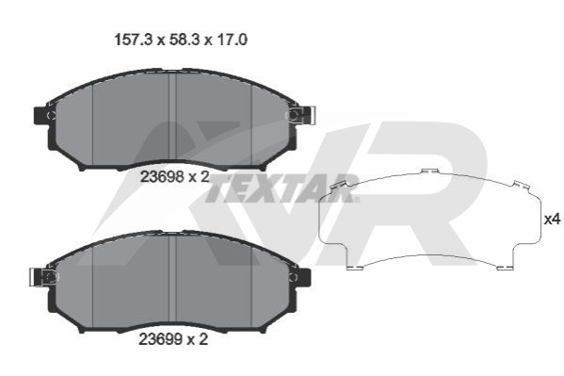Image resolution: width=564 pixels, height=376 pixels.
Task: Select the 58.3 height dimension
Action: click(x=185, y=40)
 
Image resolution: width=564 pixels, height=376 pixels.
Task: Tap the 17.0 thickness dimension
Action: click(x=232, y=40)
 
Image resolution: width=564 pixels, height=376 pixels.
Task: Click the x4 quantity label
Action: click(x=552, y=219)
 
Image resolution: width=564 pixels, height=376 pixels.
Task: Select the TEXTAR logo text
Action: click(x=282, y=188)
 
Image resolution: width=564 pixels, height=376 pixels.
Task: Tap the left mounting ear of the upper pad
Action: click(x=41, y=115)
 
